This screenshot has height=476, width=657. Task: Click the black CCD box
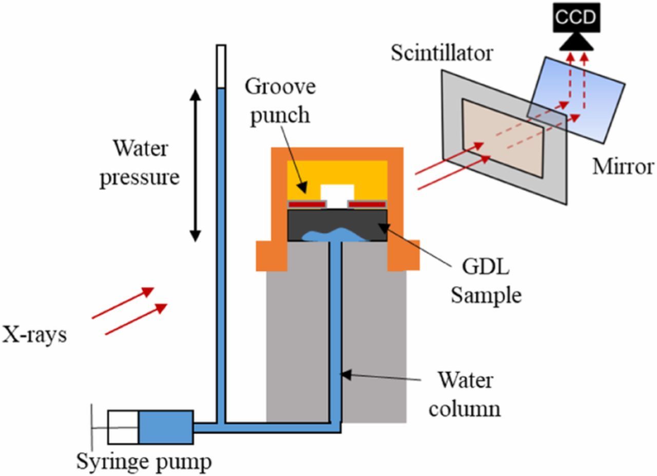tap(576, 17)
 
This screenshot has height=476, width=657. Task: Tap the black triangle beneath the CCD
tap(576, 43)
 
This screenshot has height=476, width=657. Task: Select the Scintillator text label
tap(441, 53)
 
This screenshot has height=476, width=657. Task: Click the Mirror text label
tap(623, 167)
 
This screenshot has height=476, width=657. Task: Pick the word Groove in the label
tap(280, 87)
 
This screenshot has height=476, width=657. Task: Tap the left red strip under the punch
tap(306, 204)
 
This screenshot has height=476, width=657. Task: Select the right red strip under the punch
tap(368, 204)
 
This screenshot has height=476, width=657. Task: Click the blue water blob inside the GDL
tap(334, 235)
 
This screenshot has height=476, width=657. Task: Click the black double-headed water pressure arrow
tap(195, 165)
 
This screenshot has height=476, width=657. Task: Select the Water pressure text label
tap(140, 163)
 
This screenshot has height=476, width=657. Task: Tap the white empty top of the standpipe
tap(221, 66)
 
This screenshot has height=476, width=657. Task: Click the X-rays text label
tap(34, 335)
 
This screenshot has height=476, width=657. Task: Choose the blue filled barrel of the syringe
tap(165, 427)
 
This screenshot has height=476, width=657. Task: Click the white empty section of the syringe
tap(123, 427)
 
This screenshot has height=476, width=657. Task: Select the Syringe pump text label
tap(144, 462)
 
